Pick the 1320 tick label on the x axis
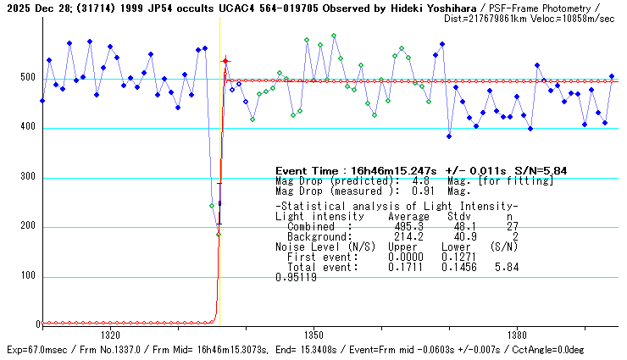point(110,335)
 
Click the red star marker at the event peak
point(225,61)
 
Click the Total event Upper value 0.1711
point(404,267)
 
